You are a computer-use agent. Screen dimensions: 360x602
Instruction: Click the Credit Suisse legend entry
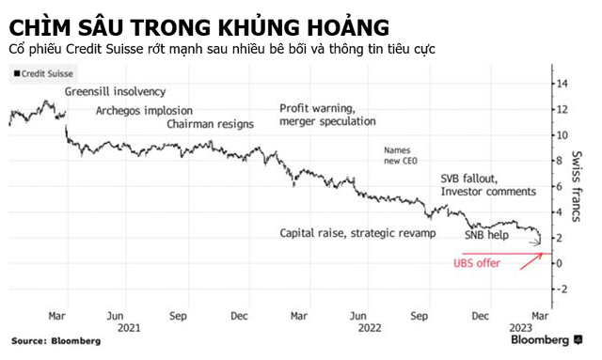click(44, 73)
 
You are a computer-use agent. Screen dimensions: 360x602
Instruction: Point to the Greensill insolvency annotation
click(115, 91)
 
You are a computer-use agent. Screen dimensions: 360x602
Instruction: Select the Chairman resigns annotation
click(210, 124)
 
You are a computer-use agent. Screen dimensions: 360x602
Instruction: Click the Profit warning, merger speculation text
click(327, 115)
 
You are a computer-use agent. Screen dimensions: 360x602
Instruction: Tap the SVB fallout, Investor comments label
click(487, 184)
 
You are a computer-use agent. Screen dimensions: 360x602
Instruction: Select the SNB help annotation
click(487, 235)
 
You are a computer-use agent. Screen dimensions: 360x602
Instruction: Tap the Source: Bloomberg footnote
click(41, 339)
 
